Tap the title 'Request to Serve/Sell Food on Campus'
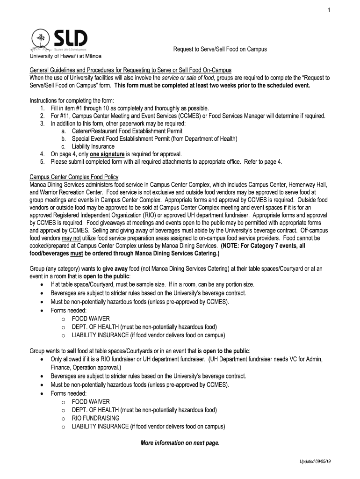[220, 49]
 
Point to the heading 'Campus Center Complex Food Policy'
[74, 177]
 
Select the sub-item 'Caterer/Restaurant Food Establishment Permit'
[127, 131]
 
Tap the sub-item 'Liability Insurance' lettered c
[93, 146]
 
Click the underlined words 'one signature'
[107, 154]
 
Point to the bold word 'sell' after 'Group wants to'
[72, 350]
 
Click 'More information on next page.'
[180, 443]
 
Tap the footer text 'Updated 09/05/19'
[315, 462]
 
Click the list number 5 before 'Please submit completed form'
[42, 161]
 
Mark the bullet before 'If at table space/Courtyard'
[43, 284]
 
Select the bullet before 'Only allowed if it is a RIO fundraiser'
[43, 359]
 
